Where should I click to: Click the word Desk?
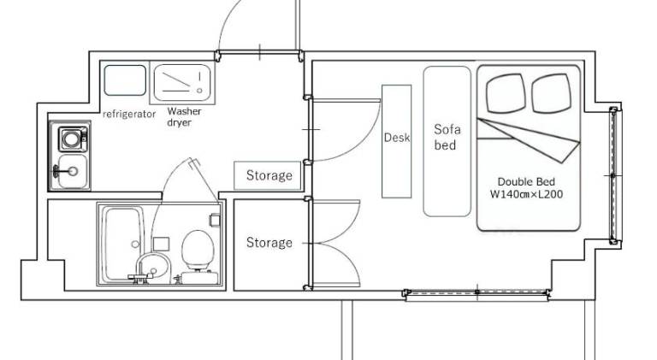(x=397, y=138)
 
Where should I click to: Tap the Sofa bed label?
(x=447, y=137)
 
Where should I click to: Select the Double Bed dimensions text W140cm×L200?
(x=526, y=194)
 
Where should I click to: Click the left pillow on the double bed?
(x=506, y=93)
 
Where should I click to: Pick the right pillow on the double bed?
(x=552, y=93)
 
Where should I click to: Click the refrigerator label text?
(x=129, y=114)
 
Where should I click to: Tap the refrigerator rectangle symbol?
(x=125, y=80)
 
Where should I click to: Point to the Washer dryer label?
(x=184, y=117)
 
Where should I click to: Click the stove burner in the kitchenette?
(x=72, y=139)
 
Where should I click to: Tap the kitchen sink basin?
(x=73, y=171)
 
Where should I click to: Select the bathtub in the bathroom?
(x=122, y=244)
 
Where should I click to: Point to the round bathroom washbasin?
(x=153, y=267)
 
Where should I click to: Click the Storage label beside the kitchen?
(x=269, y=175)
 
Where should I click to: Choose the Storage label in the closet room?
(x=269, y=242)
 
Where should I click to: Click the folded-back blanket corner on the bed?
(x=529, y=140)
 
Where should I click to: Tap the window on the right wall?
(x=615, y=175)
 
